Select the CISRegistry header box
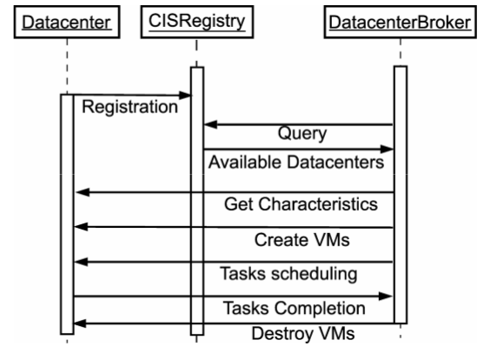coord(196,21)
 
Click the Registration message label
coord(129,108)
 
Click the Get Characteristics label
coord(300,205)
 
